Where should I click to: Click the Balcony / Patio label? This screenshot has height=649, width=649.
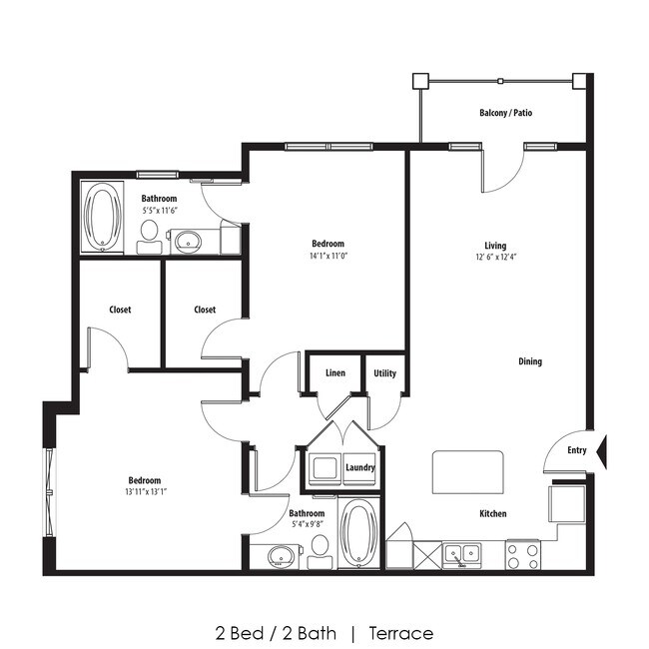505,114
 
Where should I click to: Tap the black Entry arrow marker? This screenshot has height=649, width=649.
601,451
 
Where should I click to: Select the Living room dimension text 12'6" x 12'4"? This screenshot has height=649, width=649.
495,258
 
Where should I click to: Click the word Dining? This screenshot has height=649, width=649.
530,361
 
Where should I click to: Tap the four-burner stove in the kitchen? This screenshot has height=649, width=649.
522,554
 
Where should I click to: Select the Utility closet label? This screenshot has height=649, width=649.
384,374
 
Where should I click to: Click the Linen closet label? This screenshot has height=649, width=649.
335,374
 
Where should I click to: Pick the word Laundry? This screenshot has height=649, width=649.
359,467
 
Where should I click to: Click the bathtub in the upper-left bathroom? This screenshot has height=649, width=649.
103,217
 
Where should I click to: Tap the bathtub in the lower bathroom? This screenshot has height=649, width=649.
358,534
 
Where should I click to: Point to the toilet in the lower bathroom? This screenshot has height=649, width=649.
320,548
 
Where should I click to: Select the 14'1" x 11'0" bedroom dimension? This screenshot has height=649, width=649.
327,256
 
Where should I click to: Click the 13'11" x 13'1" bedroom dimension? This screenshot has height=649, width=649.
145,491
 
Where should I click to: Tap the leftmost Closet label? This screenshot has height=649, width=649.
121,310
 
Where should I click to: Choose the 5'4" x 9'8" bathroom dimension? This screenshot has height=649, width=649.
307,524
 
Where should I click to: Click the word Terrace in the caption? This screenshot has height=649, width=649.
400,633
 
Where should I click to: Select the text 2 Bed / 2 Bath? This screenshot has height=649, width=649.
276,633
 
